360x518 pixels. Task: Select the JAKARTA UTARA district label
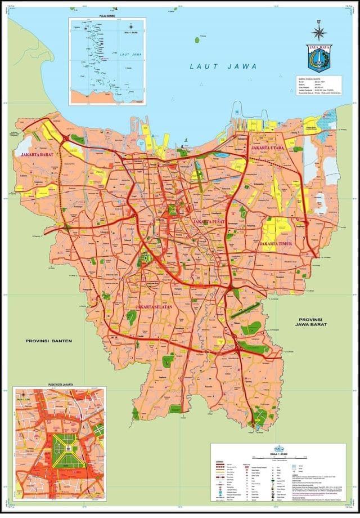pos(268,148)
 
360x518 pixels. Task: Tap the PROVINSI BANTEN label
pos(49,341)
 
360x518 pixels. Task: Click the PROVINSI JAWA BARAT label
pos(314,321)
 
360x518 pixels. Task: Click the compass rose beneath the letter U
pos(319,32)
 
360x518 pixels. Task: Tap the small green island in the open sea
pos(197,40)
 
